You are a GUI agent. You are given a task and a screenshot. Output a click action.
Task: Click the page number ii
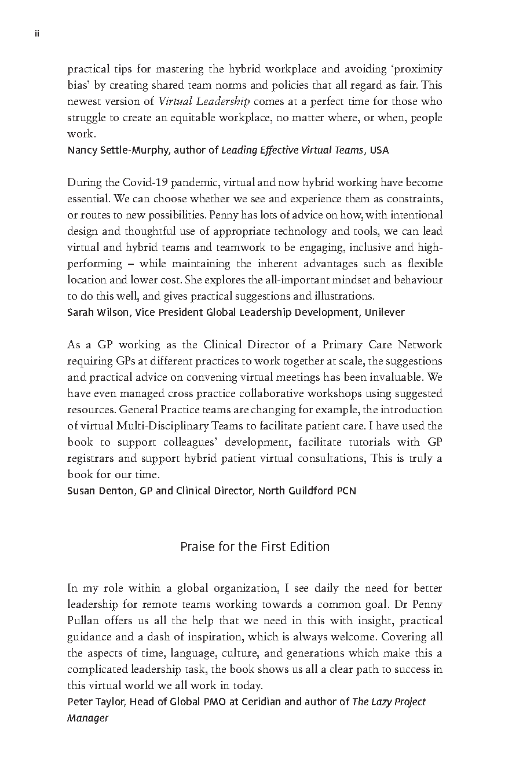tap(36, 34)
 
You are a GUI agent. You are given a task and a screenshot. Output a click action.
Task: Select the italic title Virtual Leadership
tap(204, 101)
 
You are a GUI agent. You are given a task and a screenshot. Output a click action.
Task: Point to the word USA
tap(379, 150)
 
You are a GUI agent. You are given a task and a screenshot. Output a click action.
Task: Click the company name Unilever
tap(384, 312)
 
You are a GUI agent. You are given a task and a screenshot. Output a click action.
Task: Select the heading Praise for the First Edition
tap(255, 546)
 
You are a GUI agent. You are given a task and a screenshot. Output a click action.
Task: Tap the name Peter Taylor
tap(95, 702)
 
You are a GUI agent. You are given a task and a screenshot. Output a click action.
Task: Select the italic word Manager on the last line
tap(88, 718)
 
